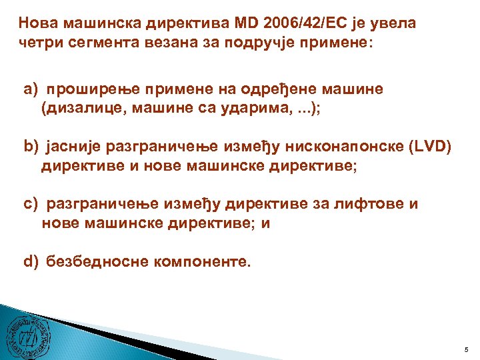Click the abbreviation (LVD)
tap(429, 147)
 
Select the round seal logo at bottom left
tap(27, 332)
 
